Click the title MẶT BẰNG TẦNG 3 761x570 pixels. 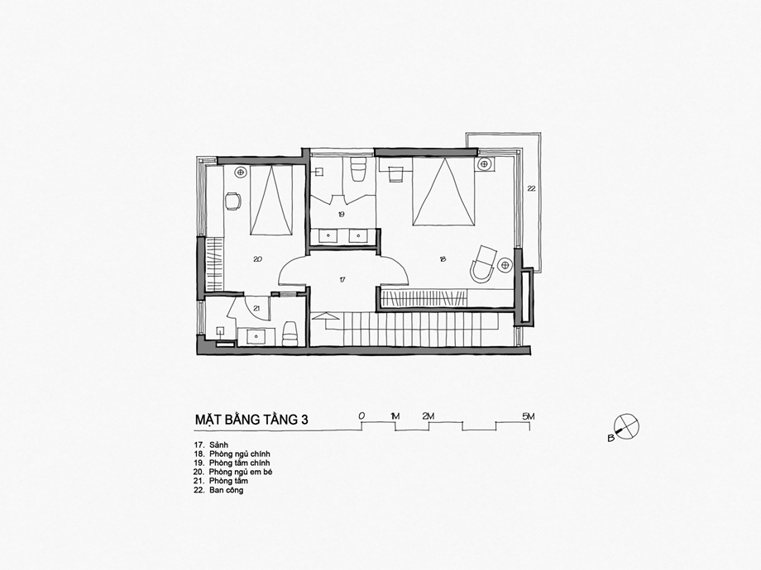251,420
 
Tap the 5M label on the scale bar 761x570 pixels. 528,416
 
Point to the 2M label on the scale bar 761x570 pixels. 428,416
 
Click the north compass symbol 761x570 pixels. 626,426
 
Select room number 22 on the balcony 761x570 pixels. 531,188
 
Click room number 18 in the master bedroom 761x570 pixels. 443,259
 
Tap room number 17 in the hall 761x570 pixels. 342,280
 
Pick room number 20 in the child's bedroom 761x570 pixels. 258,259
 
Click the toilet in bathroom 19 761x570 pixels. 357,170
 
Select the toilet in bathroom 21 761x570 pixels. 290,334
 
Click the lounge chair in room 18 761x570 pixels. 483,264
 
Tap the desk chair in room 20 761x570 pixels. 233,201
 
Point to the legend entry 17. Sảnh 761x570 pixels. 211,445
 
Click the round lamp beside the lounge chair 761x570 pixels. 505,264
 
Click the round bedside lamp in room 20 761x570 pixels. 240,172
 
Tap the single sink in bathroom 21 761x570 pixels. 256,336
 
